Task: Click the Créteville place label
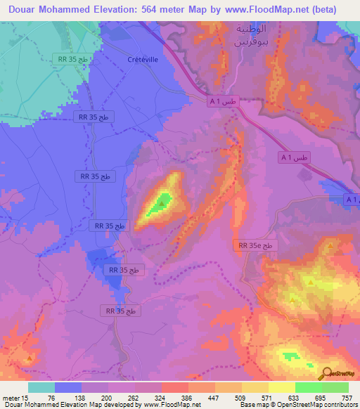tap(142, 60)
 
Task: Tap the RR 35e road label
tap(256, 245)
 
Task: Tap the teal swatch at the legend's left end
tap(41, 387)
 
